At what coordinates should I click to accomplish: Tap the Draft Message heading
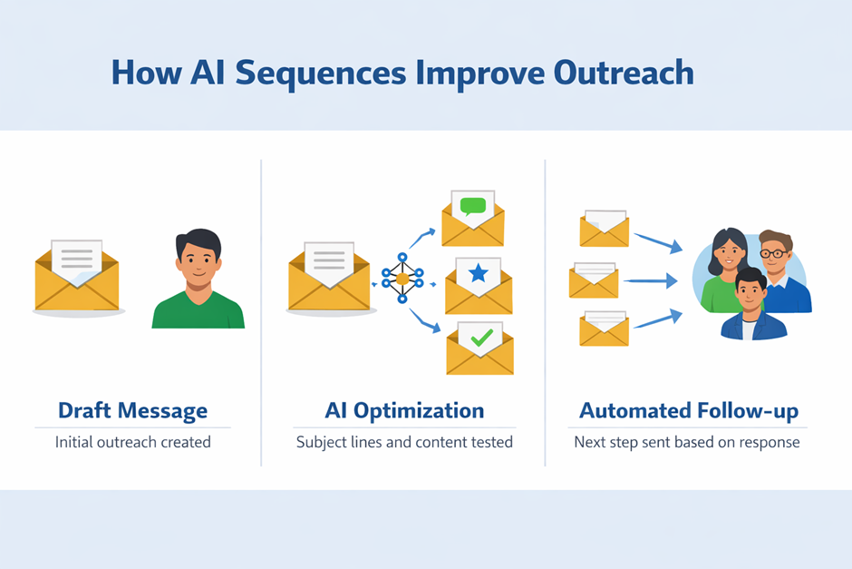pyautogui.click(x=132, y=410)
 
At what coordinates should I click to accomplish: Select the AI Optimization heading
pyautogui.click(x=404, y=410)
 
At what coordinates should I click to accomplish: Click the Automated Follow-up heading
pyautogui.click(x=689, y=410)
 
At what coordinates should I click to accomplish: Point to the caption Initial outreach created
pyautogui.click(x=132, y=443)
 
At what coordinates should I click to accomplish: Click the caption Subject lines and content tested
pyautogui.click(x=404, y=443)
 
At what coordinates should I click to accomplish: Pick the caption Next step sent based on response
pyautogui.click(x=687, y=443)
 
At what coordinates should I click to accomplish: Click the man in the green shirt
pyautogui.click(x=198, y=281)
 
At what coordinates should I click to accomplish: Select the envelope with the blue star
pyautogui.click(x=479, y=286)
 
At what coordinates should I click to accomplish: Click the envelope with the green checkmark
pyautogui.click(x=479, y=348)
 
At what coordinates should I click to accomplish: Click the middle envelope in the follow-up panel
pyautogui.click(x=594, y=280)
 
